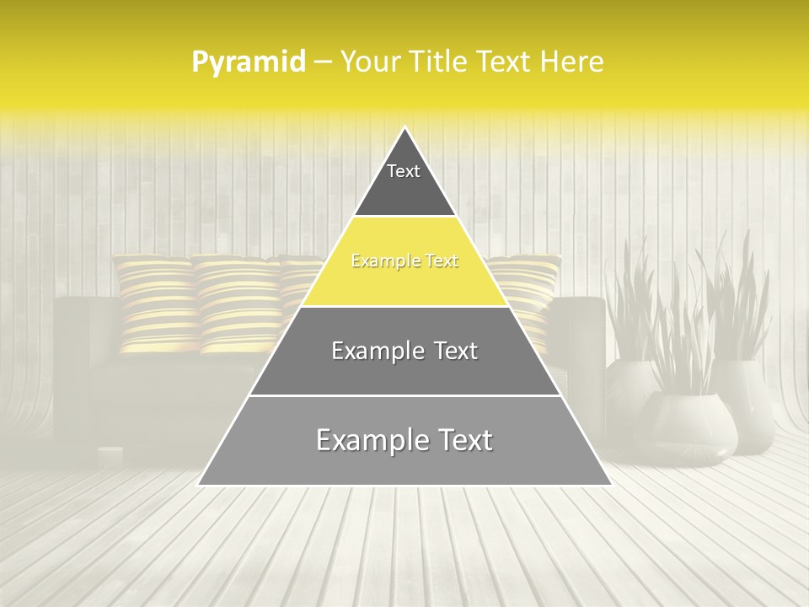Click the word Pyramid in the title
coord(249,62)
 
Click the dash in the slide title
coord(323,62)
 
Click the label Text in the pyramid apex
coord(404,171)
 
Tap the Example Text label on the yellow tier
coord(404,261)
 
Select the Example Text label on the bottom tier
coord(404,440)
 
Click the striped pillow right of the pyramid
coord(527,291)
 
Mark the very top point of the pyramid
coord(405,128)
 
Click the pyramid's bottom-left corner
coord(199,485)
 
